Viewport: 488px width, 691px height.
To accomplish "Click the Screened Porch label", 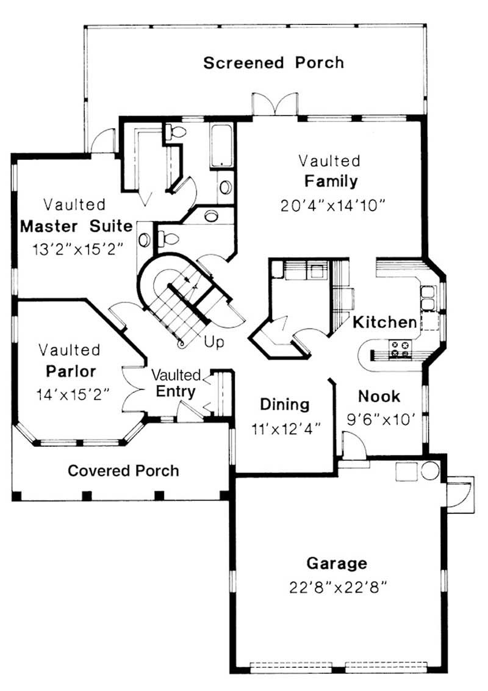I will pyautogui.click(x=273, y=62).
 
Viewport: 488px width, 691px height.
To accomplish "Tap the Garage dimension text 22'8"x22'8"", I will pyautogui.click(x=339, y=587).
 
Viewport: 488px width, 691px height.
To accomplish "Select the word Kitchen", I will pyautogui.click(x=385, y=321).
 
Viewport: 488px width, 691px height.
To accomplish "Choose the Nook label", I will pyautogui.click(x=379, y=396).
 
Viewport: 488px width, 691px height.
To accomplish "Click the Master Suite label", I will pyautogui.click(x=76, y=226).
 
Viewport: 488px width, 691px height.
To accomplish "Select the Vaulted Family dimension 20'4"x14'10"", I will pyautogui.click(x=333, y=205).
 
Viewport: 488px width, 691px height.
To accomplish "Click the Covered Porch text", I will pyautogui.click(x=123, y=471).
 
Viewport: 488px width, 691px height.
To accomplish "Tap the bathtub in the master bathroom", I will pyautogui.click(x=221, y=145).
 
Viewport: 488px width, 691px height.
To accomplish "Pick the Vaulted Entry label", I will pyautogui.click(x=176, y=383).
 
